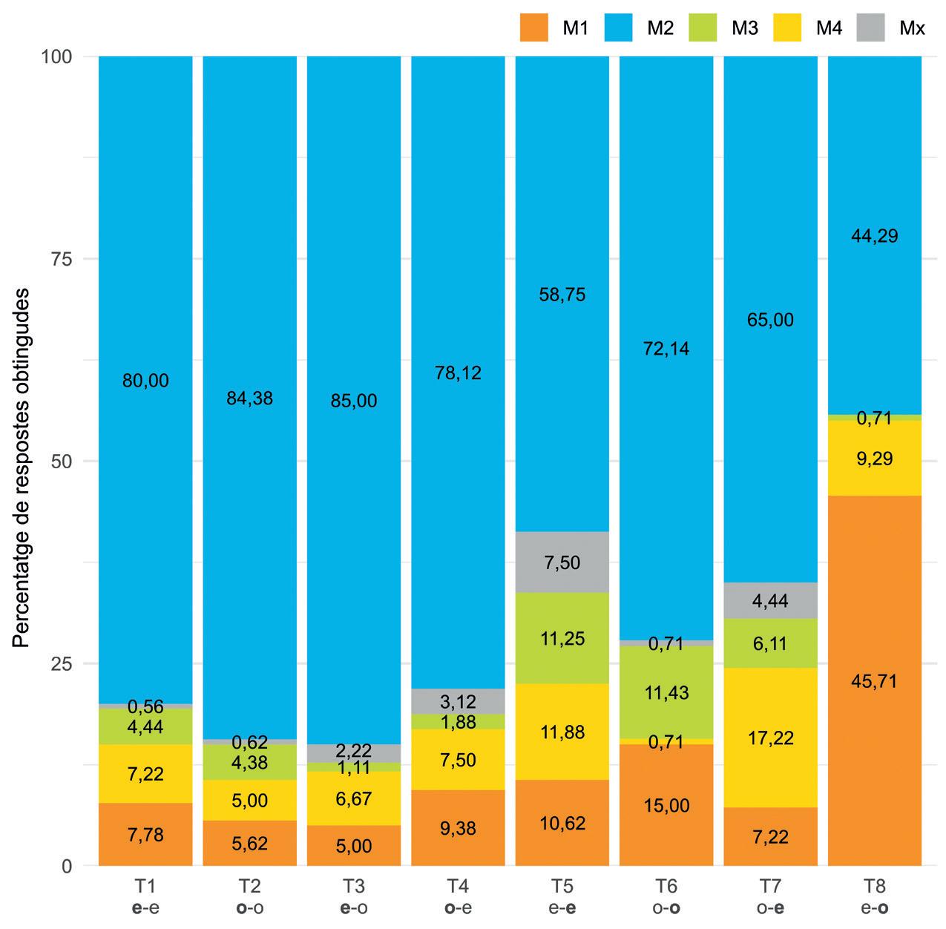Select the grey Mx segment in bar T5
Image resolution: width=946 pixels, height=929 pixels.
pos(562,562)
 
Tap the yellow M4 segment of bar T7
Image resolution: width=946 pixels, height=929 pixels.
pos(771,737)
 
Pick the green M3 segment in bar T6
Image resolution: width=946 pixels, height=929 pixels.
pos(666,692)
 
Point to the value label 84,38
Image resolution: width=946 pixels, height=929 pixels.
pos(250,398)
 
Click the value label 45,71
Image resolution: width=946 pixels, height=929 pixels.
pos(875,681)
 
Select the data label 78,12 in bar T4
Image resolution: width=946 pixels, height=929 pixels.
pos(459,372)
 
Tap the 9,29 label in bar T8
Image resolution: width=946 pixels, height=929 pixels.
pos(875,459)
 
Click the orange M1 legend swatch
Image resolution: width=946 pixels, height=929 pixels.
pos(535,29)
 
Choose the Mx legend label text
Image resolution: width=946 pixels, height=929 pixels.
pos(912,29)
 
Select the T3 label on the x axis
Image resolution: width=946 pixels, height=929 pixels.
pos(354,886)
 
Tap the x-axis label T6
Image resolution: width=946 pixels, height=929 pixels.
pos(666,886)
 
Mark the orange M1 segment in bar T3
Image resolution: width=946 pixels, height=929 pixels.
pos(354,845)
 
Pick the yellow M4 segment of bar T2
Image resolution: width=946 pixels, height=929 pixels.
pos(250,800)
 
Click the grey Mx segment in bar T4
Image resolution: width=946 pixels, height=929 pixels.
pos(459,700)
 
